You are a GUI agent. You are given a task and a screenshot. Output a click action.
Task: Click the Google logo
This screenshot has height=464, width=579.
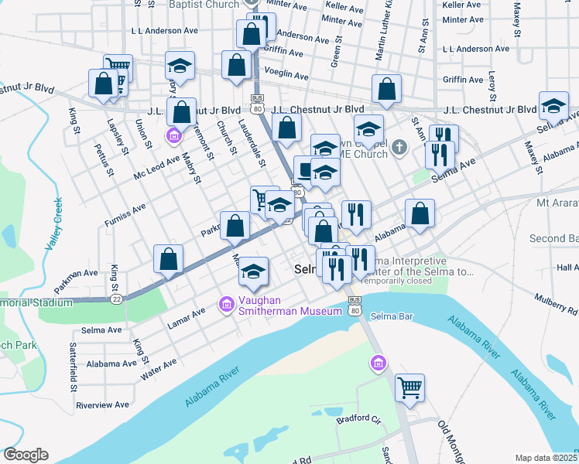point(26,455)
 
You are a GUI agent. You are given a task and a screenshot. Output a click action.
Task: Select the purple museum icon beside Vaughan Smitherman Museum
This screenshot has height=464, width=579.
point(226,305)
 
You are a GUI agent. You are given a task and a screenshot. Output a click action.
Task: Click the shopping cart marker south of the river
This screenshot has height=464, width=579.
point(409,387)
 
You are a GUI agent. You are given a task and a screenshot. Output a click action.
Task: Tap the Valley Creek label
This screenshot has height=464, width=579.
point(55,223)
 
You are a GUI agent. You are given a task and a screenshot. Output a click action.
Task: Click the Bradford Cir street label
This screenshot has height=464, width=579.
point(358,420)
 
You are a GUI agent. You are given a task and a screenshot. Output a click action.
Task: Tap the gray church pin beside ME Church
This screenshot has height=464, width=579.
point(399,147)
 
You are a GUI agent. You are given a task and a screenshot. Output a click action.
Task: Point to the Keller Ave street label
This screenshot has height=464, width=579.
point(463,5)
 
